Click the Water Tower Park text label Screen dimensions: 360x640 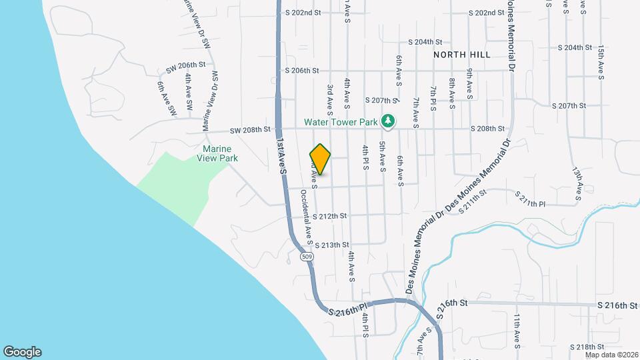(x=341, y=122)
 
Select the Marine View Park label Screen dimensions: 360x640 (x=217, y=153)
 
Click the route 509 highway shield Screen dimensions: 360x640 (x=307, y=257)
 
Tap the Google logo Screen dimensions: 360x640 (x=22, y=351)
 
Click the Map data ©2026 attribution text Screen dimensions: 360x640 (x=611, y=355)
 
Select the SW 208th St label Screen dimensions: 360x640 (x=250, y=129)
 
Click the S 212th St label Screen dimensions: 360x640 (x=331, y=215)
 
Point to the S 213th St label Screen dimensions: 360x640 (x=331, y=245)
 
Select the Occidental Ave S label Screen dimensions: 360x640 (x=307, y=215)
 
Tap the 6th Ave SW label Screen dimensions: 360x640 (x=162, y=97)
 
